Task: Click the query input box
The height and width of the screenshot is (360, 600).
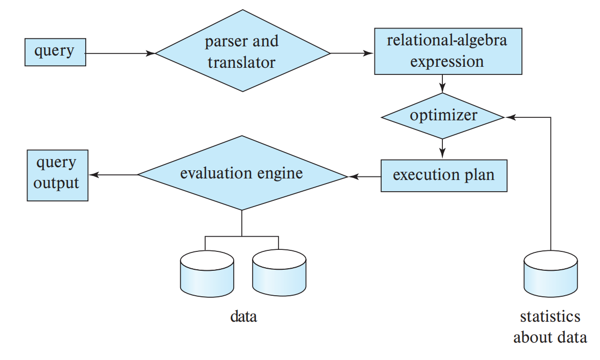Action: (55, 52)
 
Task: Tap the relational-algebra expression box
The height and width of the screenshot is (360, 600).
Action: (447, 52)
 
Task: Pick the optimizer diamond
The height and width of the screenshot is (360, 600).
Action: (442, 116)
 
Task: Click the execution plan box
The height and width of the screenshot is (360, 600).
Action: (443, 176)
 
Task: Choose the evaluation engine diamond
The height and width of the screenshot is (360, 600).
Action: (242, 174)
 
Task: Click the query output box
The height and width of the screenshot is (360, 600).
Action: (57, 175)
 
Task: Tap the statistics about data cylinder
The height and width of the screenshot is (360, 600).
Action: (551, 278)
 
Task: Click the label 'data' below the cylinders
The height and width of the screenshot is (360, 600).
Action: (243, 317)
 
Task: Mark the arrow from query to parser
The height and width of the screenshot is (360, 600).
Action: (120, 53)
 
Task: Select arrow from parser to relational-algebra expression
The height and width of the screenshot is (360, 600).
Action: (352, 53)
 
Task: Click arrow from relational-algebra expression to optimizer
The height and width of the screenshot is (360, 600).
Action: (442, 83)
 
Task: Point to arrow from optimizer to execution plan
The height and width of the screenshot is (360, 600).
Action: (442, 149)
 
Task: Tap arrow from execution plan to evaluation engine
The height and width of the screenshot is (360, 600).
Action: (364, 176)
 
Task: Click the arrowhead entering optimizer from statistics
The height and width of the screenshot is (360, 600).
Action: (510, 117)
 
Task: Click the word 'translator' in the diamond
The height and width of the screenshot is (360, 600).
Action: (241, 62)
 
